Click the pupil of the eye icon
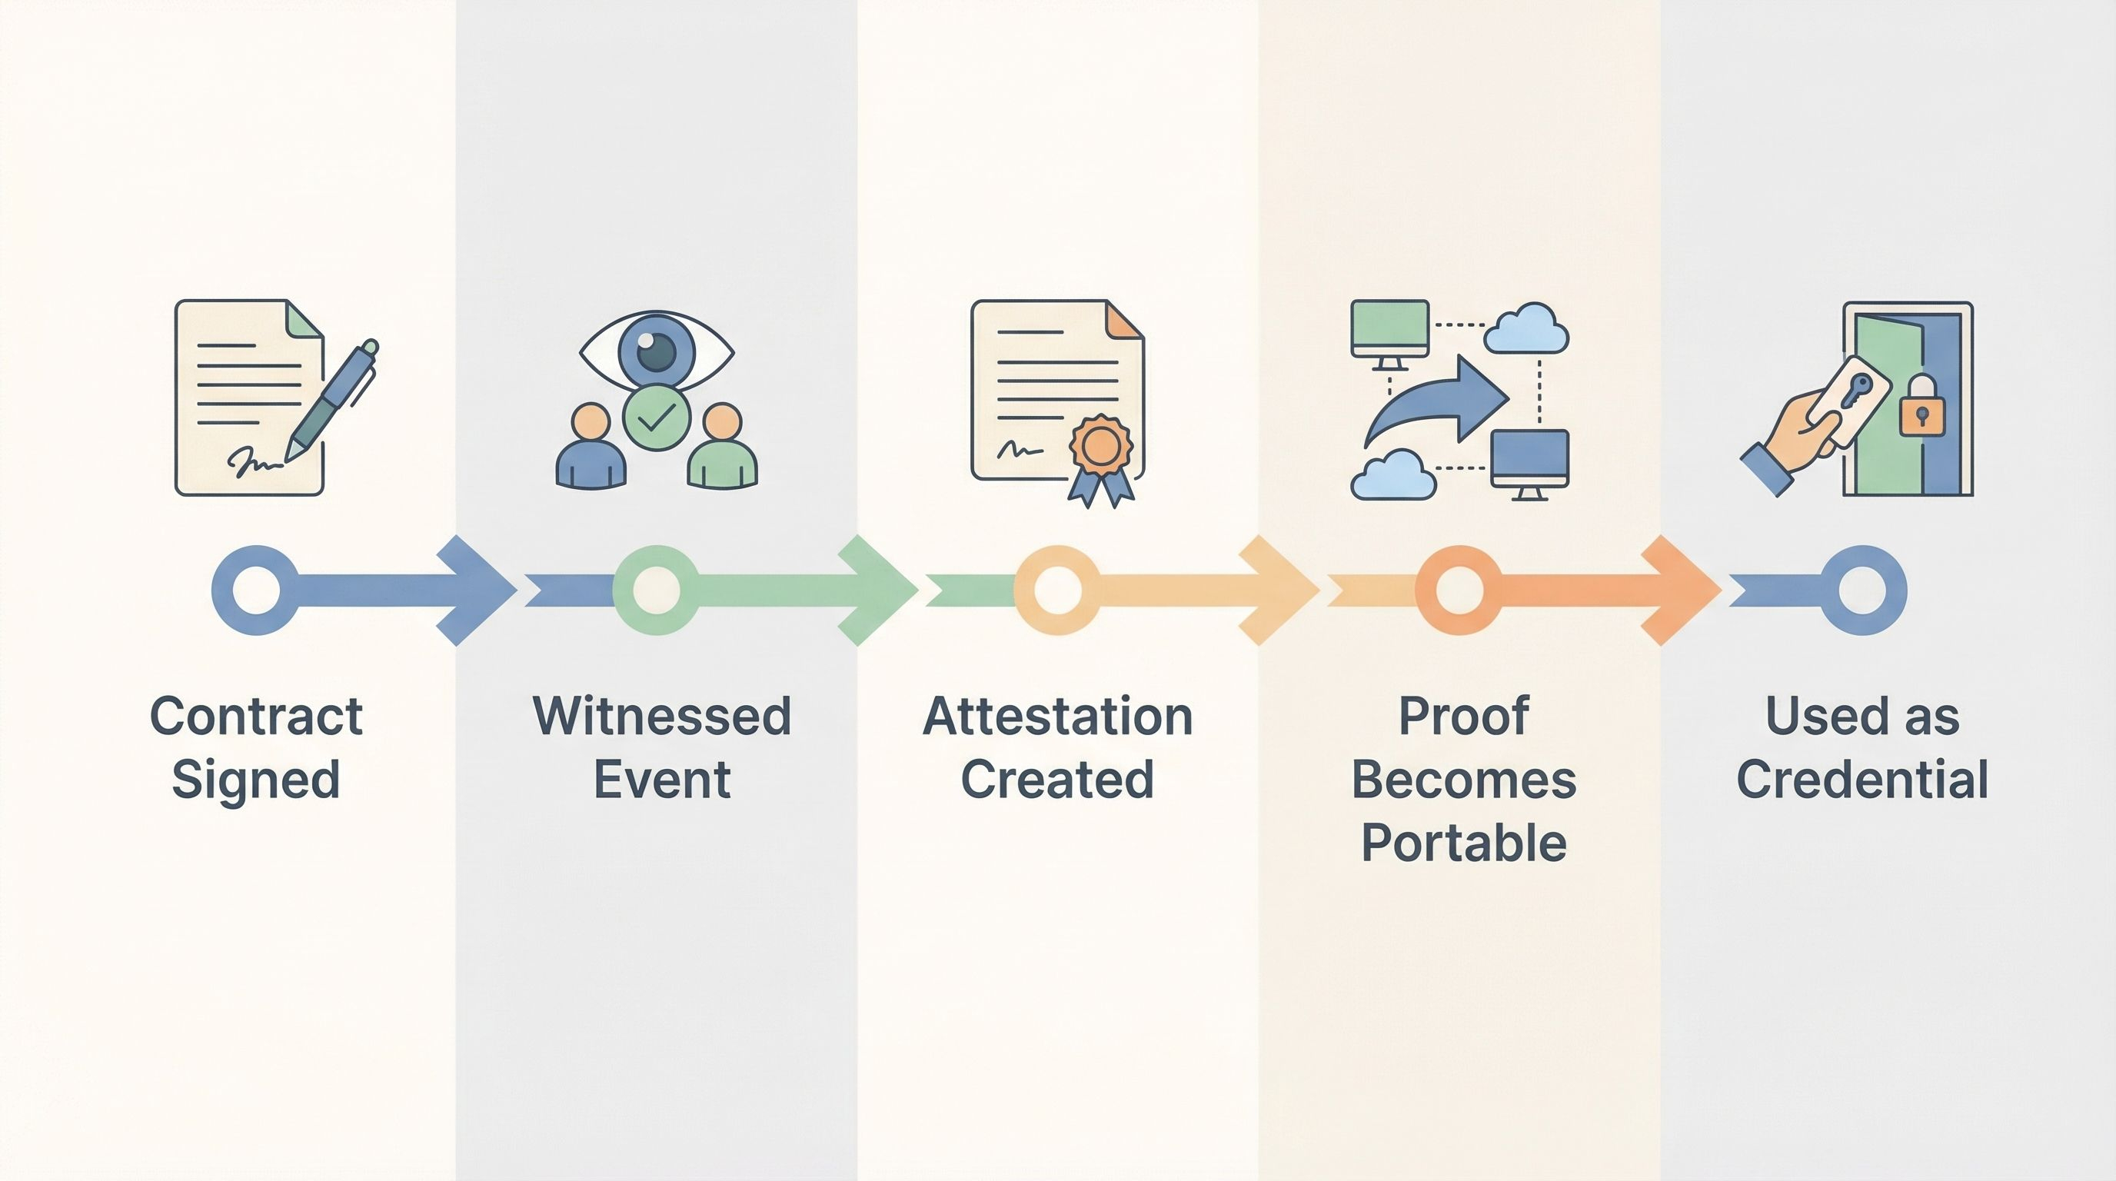(x=657, y=351)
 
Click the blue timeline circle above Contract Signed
(x=255, y=590)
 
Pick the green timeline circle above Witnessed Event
(x=657, y=590)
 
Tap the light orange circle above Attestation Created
(x=1057, y=590)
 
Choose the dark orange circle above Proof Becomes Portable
(x=1459, y=590)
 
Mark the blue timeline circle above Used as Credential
(x=1861, y=590)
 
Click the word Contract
(x=255, y=716)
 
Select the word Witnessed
(x=661, y=716)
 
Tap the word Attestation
(x=1058, y=716)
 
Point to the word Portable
(x=1464, y=843)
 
